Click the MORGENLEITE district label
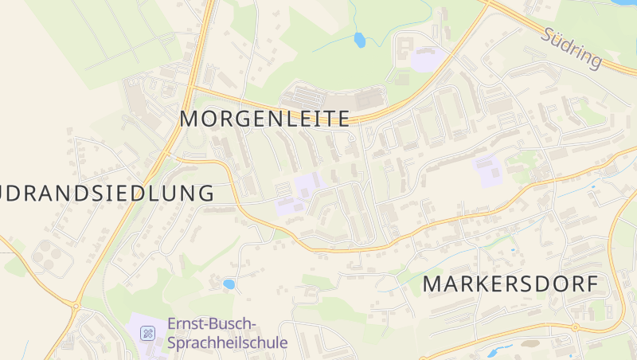tap(264, 119)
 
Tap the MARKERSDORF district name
tap(510, 284)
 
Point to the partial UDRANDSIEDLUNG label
tap(107, 193)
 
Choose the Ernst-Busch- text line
tap(212, 324)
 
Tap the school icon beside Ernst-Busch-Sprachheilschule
tap(147, 333)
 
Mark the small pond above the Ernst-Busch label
tap(229, 284)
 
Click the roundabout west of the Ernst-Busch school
tap(76, 305)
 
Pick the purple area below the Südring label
tap(428, 58)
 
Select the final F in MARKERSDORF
tap(590, 284)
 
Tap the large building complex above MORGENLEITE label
tap(334, 98)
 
